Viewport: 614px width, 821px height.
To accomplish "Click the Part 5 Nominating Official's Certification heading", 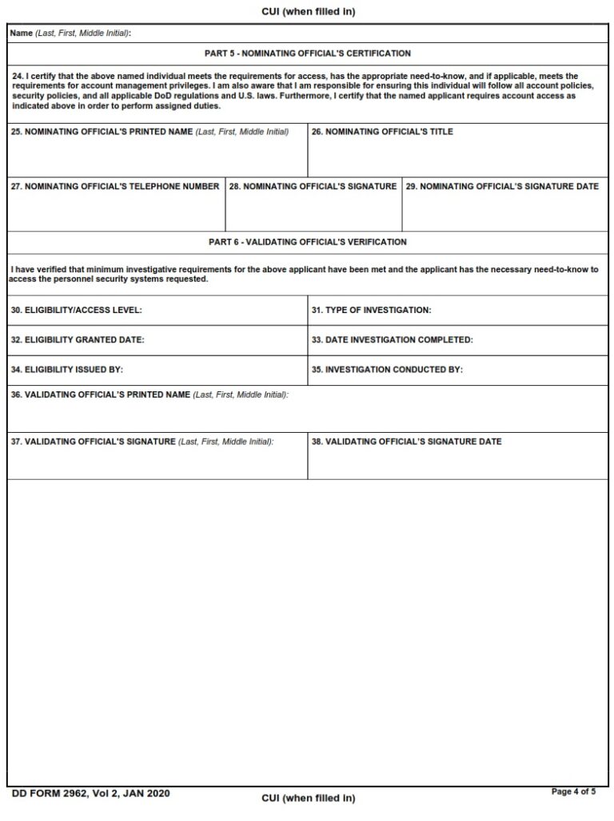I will point(308,54).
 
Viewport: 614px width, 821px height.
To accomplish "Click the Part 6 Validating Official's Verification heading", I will point(308,242).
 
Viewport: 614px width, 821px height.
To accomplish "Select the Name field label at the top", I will point(70,33).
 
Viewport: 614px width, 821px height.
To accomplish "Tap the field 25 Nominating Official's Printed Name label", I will point(150,132).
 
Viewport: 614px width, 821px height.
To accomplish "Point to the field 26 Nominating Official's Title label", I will point(382,132).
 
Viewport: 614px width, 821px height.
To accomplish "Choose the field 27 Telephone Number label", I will point(115,186).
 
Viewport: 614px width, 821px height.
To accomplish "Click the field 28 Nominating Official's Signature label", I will point(313,186).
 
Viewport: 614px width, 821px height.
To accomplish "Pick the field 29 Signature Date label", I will point(502,186).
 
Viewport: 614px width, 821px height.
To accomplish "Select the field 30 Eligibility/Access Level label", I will point(77,309).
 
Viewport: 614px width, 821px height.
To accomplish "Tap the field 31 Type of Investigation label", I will point(371,309).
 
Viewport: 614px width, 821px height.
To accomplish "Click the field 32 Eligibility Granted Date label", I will point(78,339).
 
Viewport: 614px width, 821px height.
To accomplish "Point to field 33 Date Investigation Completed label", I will point(393,339).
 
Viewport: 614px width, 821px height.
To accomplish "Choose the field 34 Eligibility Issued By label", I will point(67,370).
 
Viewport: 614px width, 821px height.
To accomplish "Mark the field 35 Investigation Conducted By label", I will point(387,370).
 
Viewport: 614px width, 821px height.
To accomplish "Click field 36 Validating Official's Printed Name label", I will point(150,395).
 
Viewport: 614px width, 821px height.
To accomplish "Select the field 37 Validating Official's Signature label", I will point(142,441).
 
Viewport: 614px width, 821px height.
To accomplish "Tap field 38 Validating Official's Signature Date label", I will point(407,441).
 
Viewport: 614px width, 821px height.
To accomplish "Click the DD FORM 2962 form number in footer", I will point(90,793).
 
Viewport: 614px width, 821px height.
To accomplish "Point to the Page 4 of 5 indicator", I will point(574,791).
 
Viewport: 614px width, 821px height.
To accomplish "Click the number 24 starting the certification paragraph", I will point(17,77).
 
